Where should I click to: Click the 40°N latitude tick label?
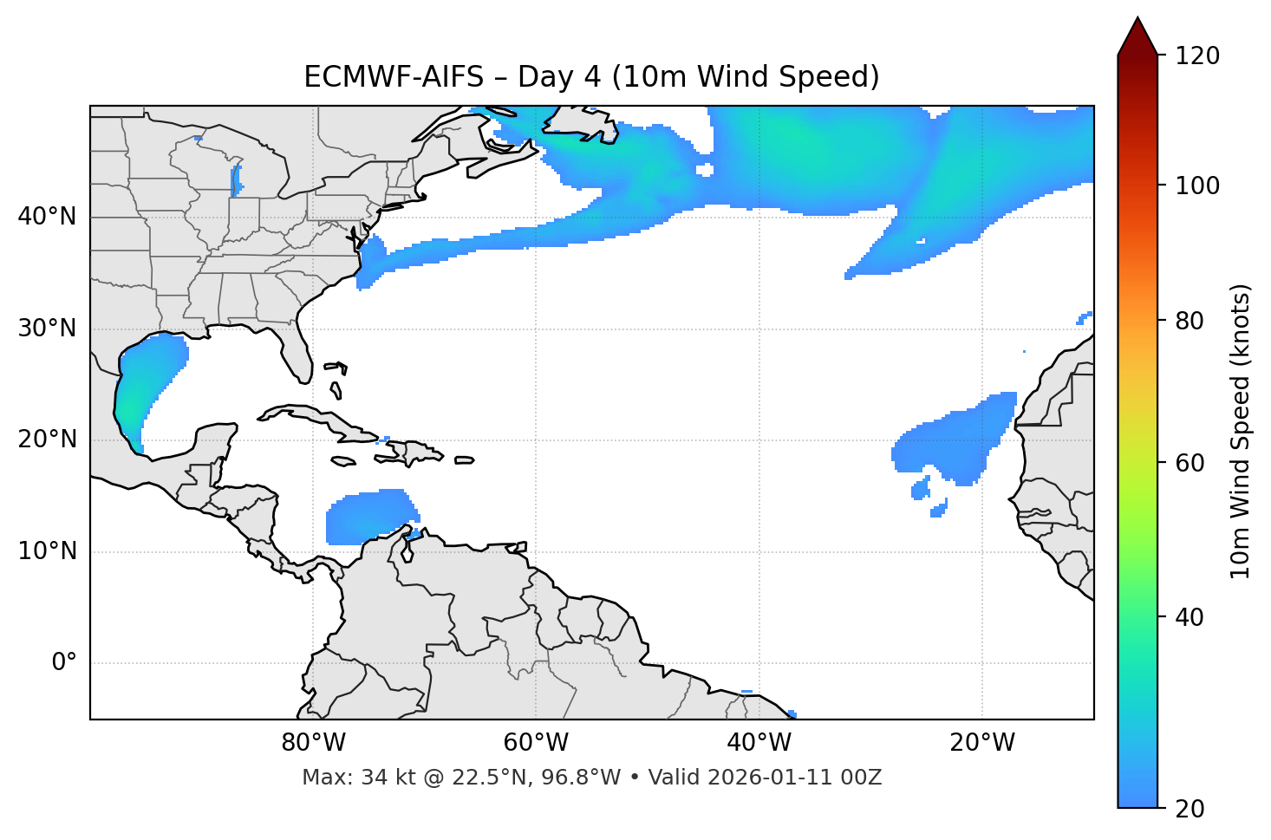click(47, 217)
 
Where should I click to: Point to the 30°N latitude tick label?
click(47, 329)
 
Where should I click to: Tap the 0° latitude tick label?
click(64, 663)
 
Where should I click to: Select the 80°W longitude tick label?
click(313, 743)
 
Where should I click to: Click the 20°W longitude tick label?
click(982, 743)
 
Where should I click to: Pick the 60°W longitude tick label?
click(536, 743)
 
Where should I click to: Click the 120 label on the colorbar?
click(1197, 56)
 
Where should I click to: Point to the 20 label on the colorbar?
click(1190, 809)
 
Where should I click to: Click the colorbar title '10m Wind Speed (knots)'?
click(1241, 431)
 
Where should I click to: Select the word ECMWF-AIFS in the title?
click(393, 77)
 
